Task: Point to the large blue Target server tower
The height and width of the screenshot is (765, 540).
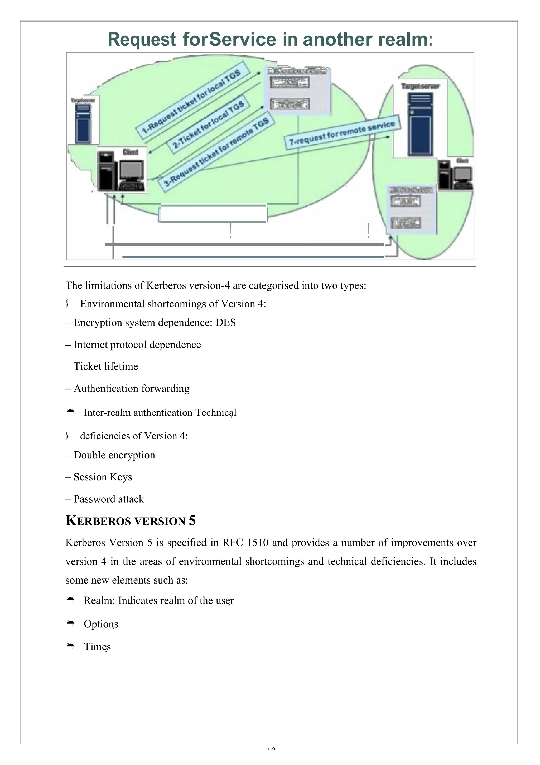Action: click(x=420, y=124)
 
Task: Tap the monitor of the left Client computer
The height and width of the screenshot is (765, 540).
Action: click(x=132, y=171)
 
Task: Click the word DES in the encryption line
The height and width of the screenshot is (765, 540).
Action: click(x=225, y=323)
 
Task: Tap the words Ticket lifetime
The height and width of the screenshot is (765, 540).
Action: click(x=106, y=366)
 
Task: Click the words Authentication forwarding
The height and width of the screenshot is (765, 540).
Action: click(x=131, y=389)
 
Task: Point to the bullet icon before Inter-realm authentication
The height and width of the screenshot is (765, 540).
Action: click(x=71, y=412)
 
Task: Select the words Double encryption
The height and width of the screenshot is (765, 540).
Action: click(x=114, y=455)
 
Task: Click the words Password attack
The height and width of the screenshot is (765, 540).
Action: click(x=108, y=499)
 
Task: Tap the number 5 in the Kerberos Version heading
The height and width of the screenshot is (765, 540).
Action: click(x=192, y=520)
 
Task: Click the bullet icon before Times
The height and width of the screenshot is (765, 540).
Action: click(x=71, y=646)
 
